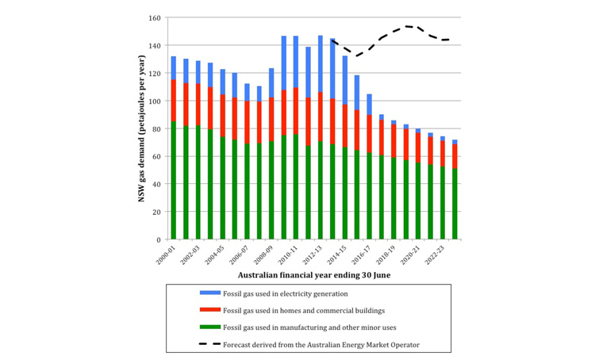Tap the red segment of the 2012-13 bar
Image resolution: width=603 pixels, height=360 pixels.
[x=321, y=111]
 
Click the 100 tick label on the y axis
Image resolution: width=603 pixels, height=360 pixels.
[x=155, y=101]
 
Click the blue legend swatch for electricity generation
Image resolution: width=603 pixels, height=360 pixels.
[x=209, y=293]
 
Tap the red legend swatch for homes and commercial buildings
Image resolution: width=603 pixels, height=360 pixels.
[x=209, y=310]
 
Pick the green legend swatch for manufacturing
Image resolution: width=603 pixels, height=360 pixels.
[x=209, y=327]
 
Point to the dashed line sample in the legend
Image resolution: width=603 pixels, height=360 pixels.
[x=209, y=344]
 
